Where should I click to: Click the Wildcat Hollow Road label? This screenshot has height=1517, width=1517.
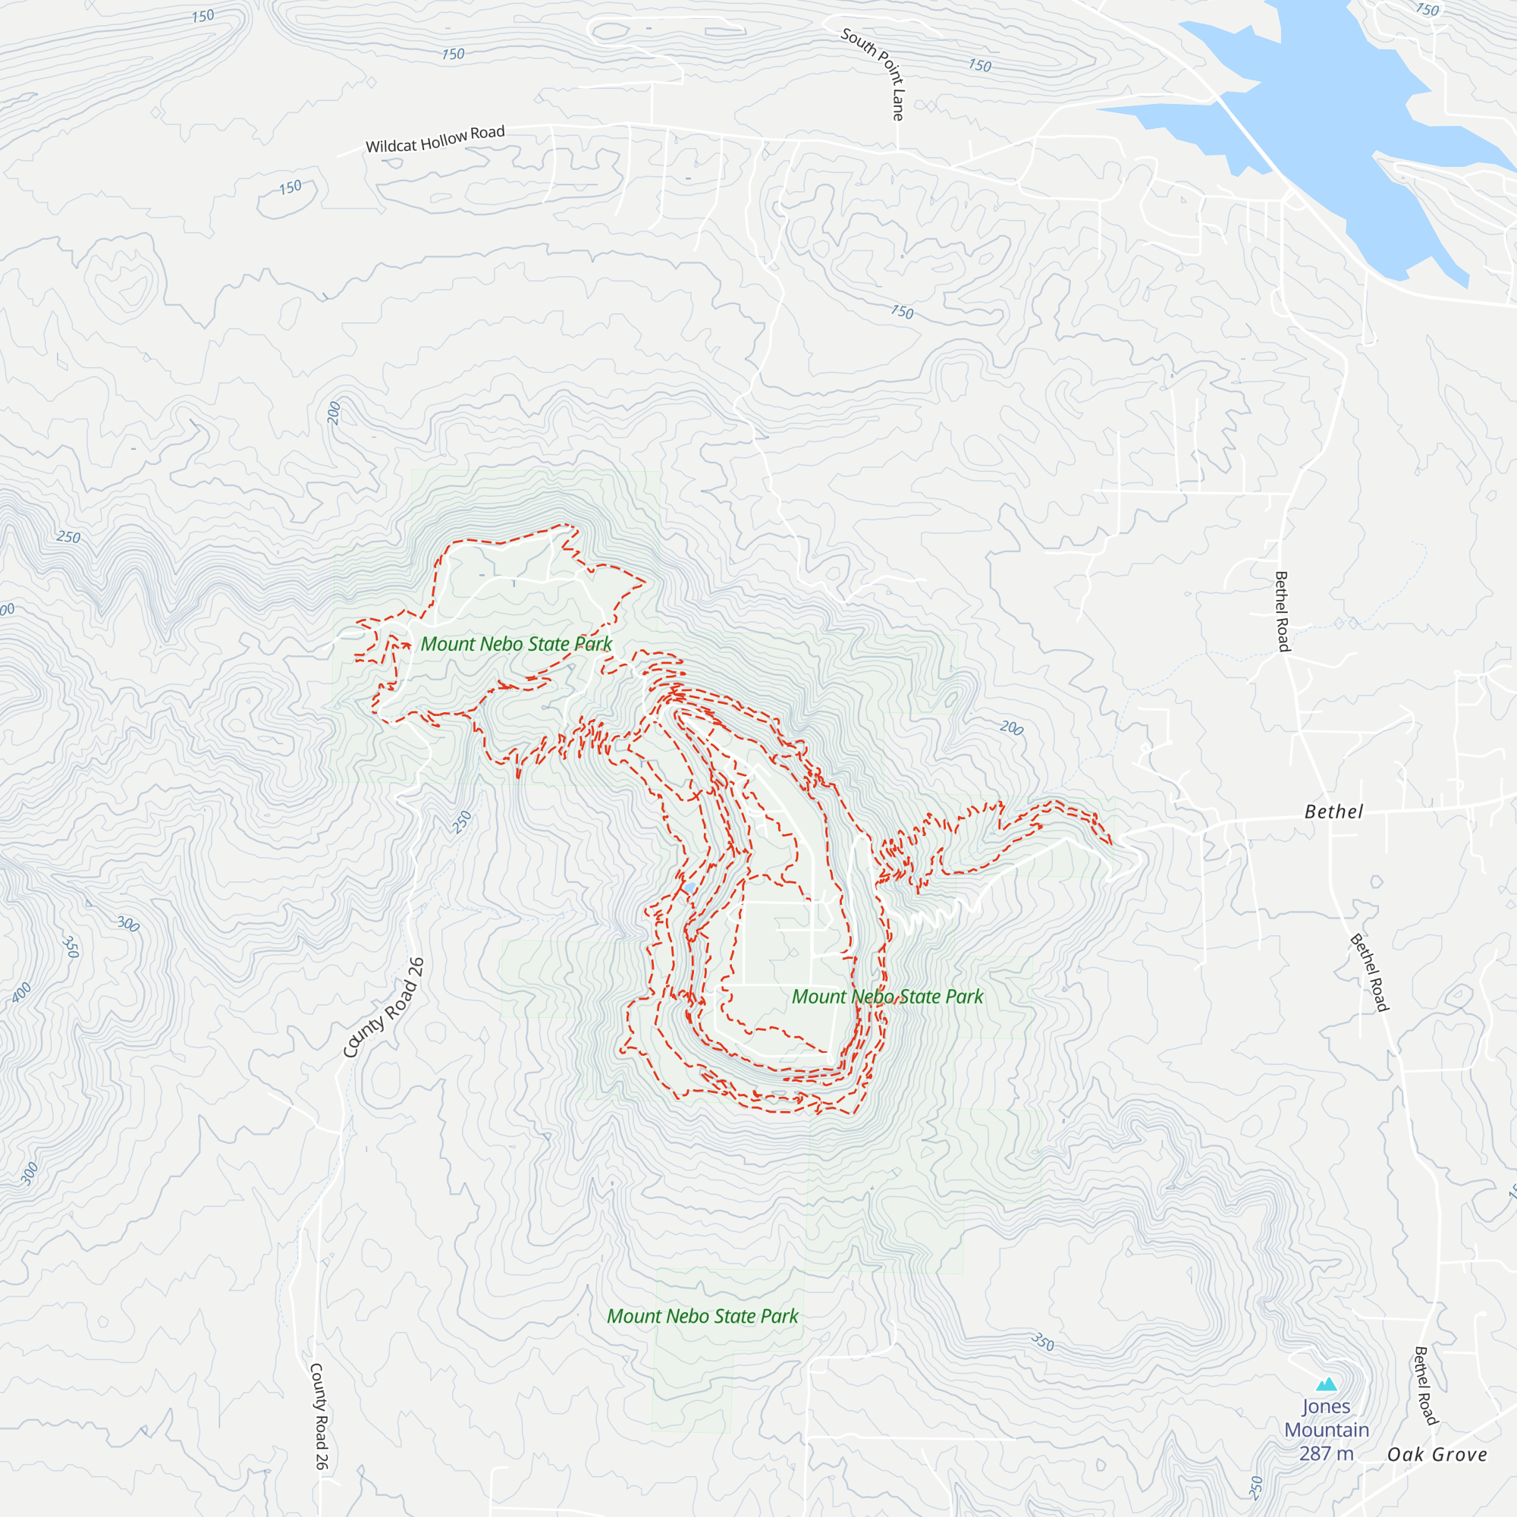[x=435, y=139]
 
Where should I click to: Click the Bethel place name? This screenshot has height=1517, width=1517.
[x=1333, y=812]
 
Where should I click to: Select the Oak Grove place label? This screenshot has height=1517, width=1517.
[x=1437, y=1454]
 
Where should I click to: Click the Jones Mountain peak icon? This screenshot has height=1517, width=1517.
[x=1326, y=1384]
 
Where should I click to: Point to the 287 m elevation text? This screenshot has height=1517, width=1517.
[x=1326, y=1453]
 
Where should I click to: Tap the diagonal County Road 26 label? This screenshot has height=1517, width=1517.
[x=384, y=1008]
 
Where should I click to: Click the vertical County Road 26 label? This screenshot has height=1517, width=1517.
[x=319, y=1415]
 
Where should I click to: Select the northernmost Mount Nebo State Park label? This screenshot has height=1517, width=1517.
[x=516, y=644]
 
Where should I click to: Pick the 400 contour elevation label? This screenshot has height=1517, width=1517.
[x=21, y=992]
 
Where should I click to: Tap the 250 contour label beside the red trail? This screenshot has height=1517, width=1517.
[x=462, y=822]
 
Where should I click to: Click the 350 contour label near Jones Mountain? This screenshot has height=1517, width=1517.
[x=1042, y=1341]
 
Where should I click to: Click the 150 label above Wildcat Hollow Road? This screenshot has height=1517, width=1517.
[x=453, y=54]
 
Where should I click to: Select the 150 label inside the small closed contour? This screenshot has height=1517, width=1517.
[x=290, y=187]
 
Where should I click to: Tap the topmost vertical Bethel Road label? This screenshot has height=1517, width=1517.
[x=1281, y=611]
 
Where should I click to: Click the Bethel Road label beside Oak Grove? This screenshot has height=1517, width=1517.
[x=1425, y=1385]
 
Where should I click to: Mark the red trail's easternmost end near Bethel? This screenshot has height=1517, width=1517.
[x=1111, y=844]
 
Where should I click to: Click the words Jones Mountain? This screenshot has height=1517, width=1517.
[x=1326, y=1418]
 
